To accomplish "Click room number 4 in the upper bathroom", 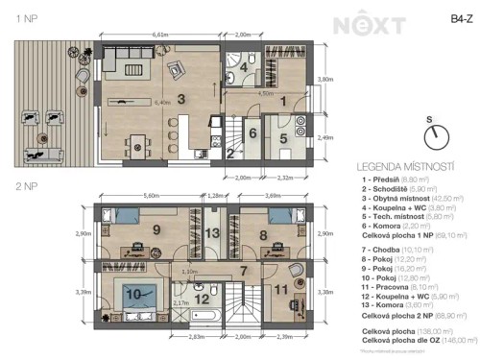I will tap(244, 69).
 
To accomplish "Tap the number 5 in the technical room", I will tap(284, 137).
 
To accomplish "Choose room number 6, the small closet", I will tap(252, 133).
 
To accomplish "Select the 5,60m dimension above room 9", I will tap(150, 196).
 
